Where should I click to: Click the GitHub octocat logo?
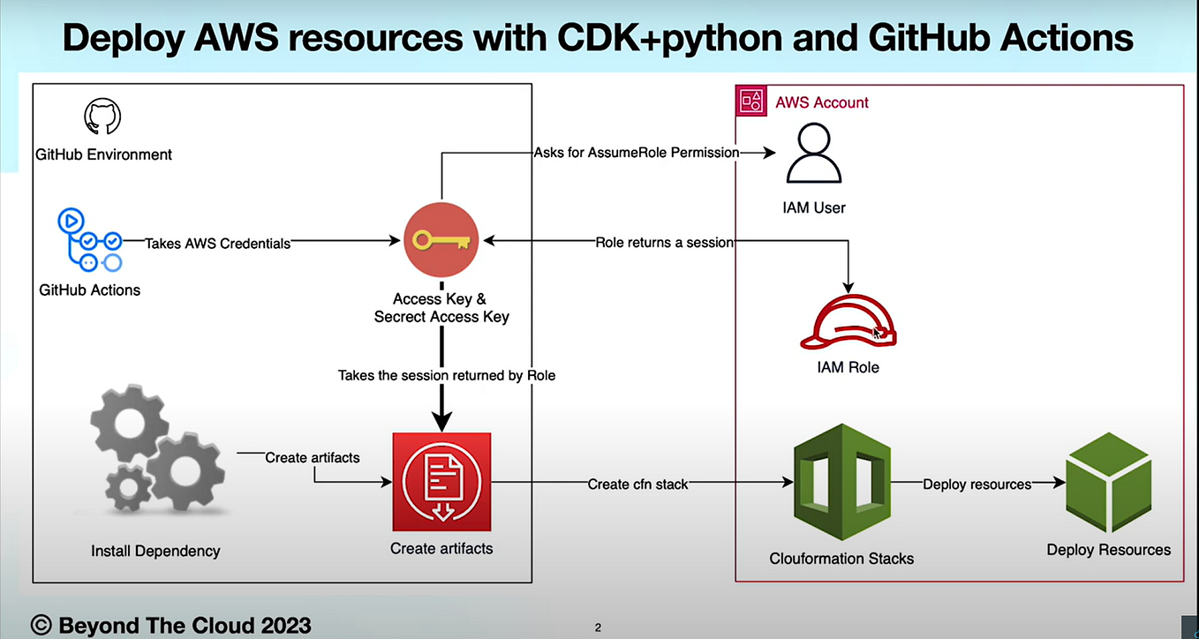tap(102, 117)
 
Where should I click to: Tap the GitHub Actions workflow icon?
tap(89, 240)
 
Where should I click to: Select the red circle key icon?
tap(441, 240)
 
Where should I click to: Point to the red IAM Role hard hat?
tap(848, 323)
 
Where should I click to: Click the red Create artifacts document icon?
tap(441, 482)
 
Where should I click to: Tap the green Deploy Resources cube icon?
tap(1108, 482)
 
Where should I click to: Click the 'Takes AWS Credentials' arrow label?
tap(217, 243)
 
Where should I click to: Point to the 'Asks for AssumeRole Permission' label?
tap(636, 153)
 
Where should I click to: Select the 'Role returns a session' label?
tap(664, 243)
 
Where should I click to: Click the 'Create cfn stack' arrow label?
tap(637, 485)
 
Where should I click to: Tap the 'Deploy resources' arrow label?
tap(977, 485)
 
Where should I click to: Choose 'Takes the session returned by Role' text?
tap(447, 375)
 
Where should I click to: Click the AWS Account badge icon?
tap(751, 101)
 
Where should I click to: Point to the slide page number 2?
tap(598, 628)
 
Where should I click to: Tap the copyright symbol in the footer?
tap(41, 625)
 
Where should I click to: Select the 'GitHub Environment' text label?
tap(103, 154)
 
